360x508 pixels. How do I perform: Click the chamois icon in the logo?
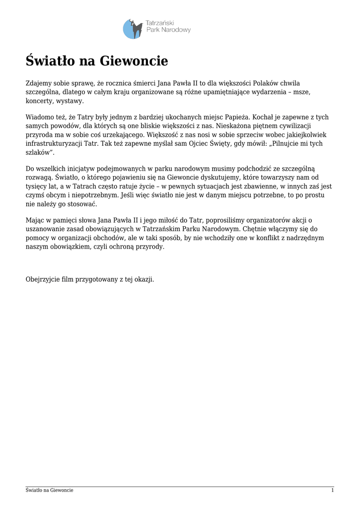132,28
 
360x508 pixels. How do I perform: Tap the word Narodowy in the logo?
177,30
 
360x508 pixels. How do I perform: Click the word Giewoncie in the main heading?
134,61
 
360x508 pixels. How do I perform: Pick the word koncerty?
39,101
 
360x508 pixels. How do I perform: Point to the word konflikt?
237,238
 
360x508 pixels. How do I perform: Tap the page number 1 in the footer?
332,490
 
